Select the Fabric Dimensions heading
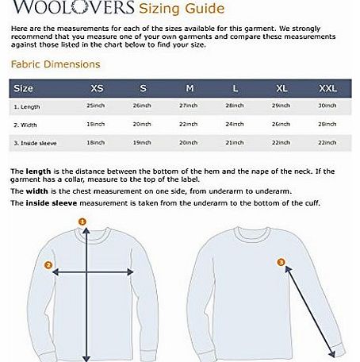[52, 66]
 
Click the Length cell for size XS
[98, 106]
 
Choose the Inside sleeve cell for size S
[143, 143]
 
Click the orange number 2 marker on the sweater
[48, 265]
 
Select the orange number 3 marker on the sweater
[280, 260]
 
